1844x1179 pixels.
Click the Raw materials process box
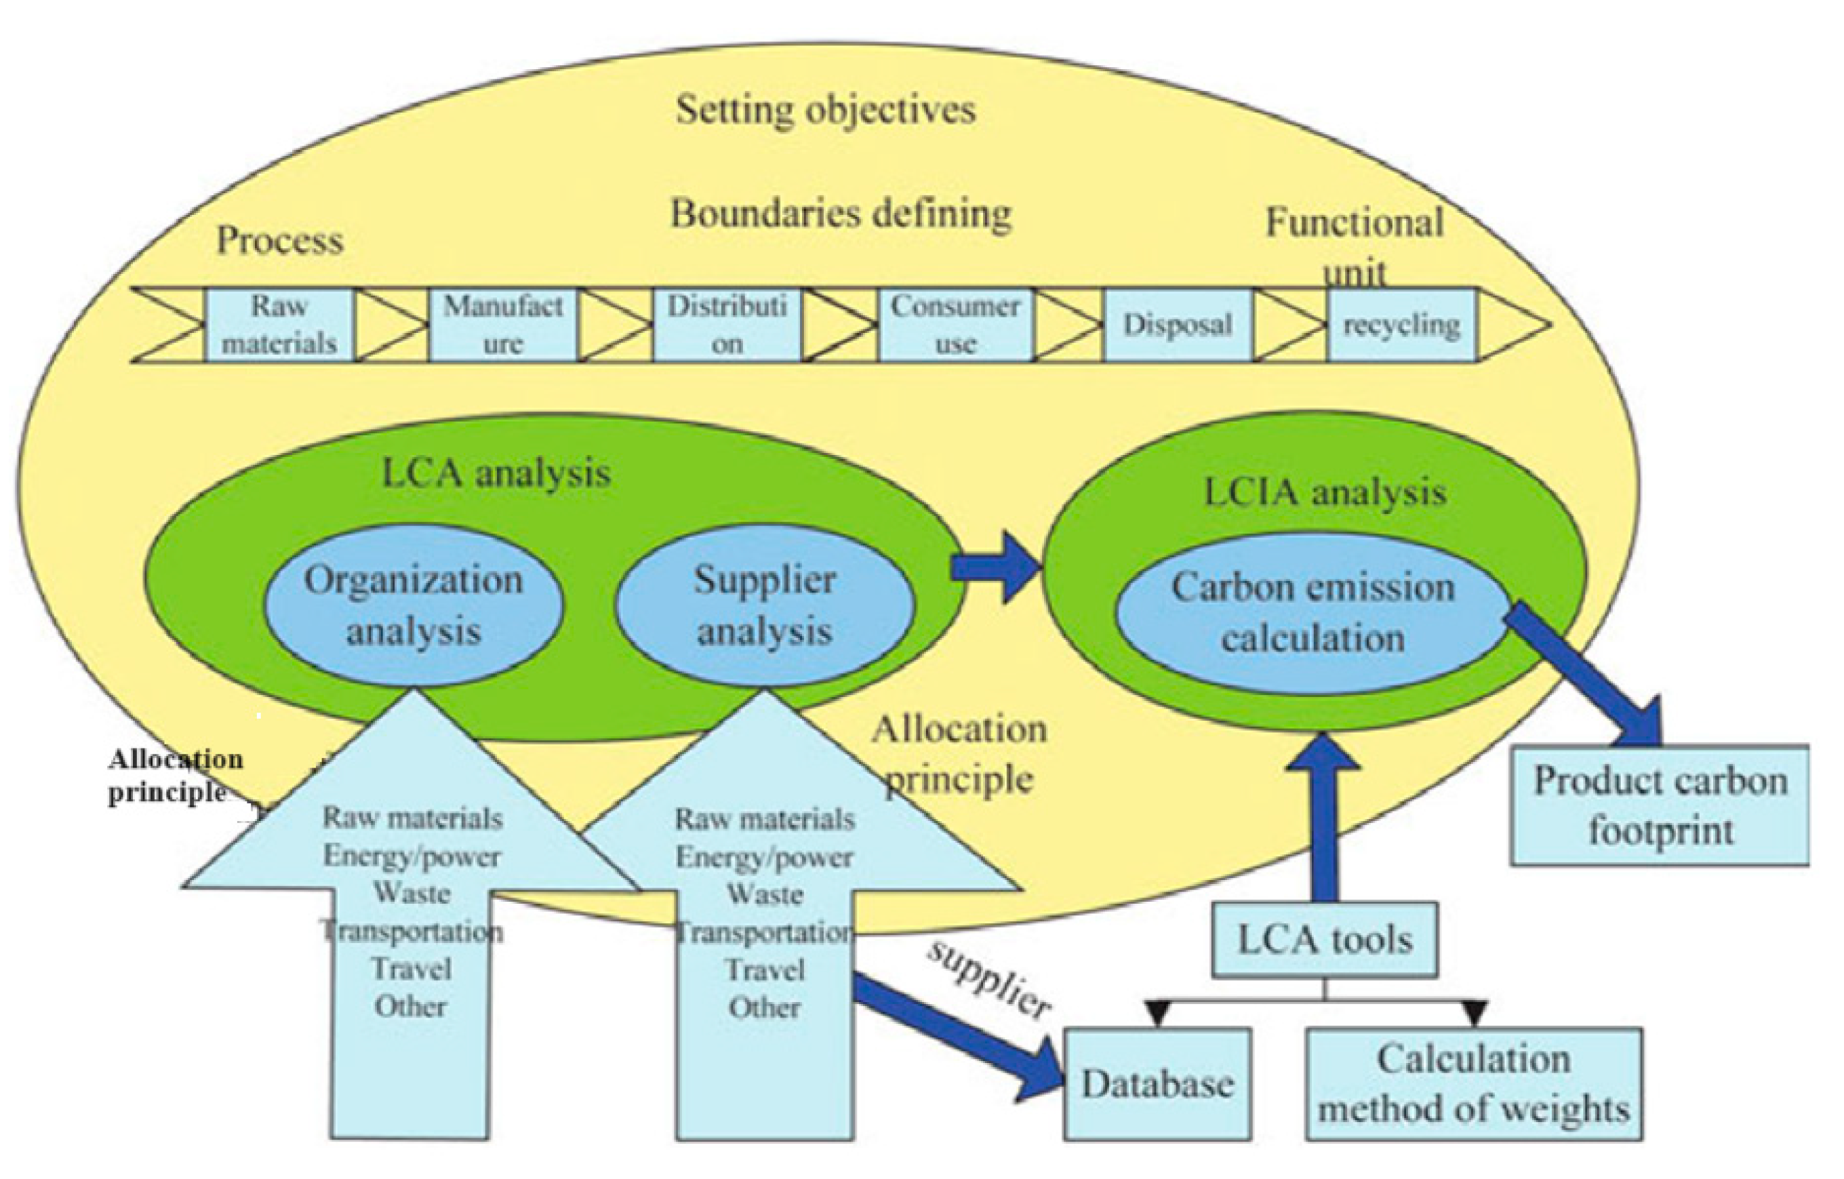(279, 325)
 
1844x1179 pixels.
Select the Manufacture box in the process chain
(503, 325)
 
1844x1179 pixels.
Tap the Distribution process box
(727, 325)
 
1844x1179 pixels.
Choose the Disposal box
(1178, 325)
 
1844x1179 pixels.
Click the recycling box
(1401, 325)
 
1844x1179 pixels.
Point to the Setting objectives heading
(826, 109)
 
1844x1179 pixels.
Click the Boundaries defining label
(841, 214)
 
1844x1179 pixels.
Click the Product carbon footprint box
(1660, 806)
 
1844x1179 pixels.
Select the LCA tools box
(1324, 940)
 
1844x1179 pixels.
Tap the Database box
(1157, 1084)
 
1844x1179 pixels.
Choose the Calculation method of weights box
(1473, 1084)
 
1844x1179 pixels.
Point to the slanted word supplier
(988, 980)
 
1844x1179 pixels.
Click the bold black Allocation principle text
(175, 776)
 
